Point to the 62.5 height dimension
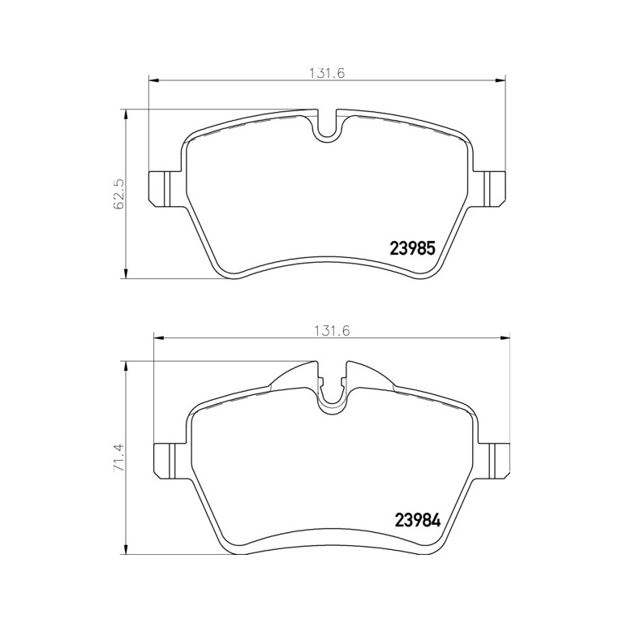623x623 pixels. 118,195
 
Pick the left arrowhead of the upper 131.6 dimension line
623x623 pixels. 152,79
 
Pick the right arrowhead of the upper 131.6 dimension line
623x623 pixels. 503,79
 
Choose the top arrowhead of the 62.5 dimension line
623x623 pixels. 126,114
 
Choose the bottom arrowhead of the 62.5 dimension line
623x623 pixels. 126,274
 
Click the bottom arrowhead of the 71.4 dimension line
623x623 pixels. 126,549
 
